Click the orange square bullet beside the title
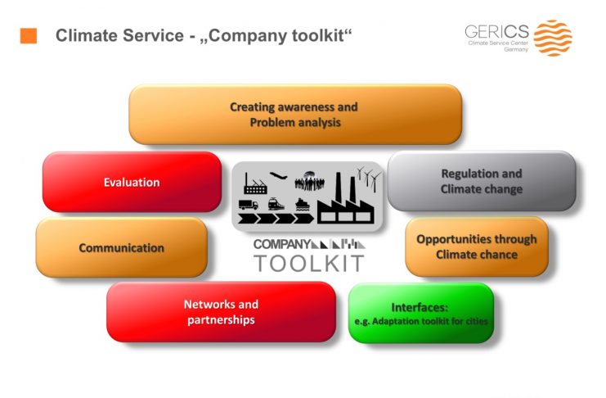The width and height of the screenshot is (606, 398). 28,35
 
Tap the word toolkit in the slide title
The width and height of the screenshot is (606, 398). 317,35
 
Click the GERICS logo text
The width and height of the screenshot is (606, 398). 496,31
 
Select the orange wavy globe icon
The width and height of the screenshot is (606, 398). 553,38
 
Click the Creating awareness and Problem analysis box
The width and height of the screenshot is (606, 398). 295,115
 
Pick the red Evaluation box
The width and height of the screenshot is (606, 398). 132,182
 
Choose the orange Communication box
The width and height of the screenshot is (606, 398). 121,247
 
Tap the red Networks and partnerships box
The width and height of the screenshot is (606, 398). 221,312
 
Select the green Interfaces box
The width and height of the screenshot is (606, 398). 421,313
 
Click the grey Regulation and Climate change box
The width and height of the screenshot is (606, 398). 482,181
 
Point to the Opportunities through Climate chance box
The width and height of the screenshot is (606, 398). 477,246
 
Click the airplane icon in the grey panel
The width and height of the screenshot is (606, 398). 278,176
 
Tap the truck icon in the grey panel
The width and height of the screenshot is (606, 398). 248,204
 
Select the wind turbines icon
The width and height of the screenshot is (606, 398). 369,179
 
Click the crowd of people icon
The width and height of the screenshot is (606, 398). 309,181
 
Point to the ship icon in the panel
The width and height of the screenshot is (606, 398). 303,205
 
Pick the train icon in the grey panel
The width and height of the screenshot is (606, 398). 276,204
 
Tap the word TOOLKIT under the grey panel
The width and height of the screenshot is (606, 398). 309,263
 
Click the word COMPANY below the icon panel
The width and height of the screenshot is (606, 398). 282,244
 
